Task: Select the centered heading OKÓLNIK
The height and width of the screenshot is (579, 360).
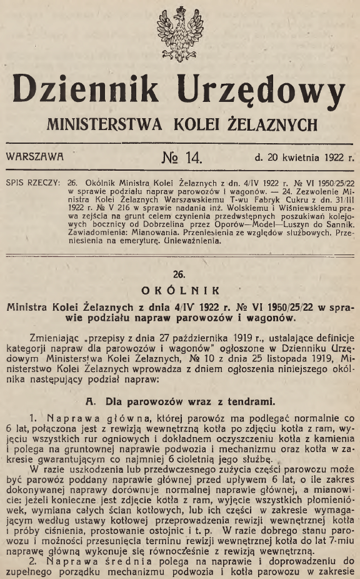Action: click(180, 290)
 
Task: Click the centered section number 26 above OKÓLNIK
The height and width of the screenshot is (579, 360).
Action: click(180, 273)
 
